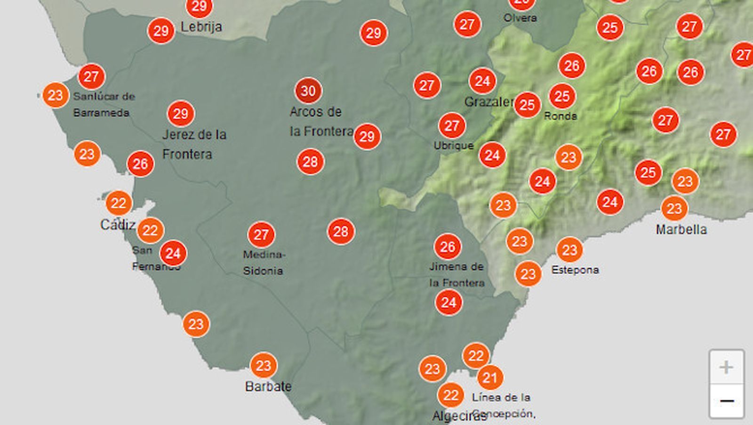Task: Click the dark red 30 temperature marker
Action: [308, 90]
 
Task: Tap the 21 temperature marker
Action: [490, 377]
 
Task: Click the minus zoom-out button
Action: [727, 401]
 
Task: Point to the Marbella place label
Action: [681, 229]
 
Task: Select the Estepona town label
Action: [575, 270]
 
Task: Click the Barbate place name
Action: [268, 386]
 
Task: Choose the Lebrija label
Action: [201, 27]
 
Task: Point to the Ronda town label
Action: [560, 116]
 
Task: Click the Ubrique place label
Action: [453, 146]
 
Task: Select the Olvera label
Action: [520, 18]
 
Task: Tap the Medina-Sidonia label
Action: [264, 262]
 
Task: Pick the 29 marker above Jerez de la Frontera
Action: [181, 114]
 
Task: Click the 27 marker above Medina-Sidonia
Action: [261, 234]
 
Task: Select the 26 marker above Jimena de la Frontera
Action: [448, 246]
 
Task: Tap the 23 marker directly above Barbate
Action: [264, 366]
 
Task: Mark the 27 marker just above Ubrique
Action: [452, 126]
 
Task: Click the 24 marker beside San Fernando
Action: [173, 253]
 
